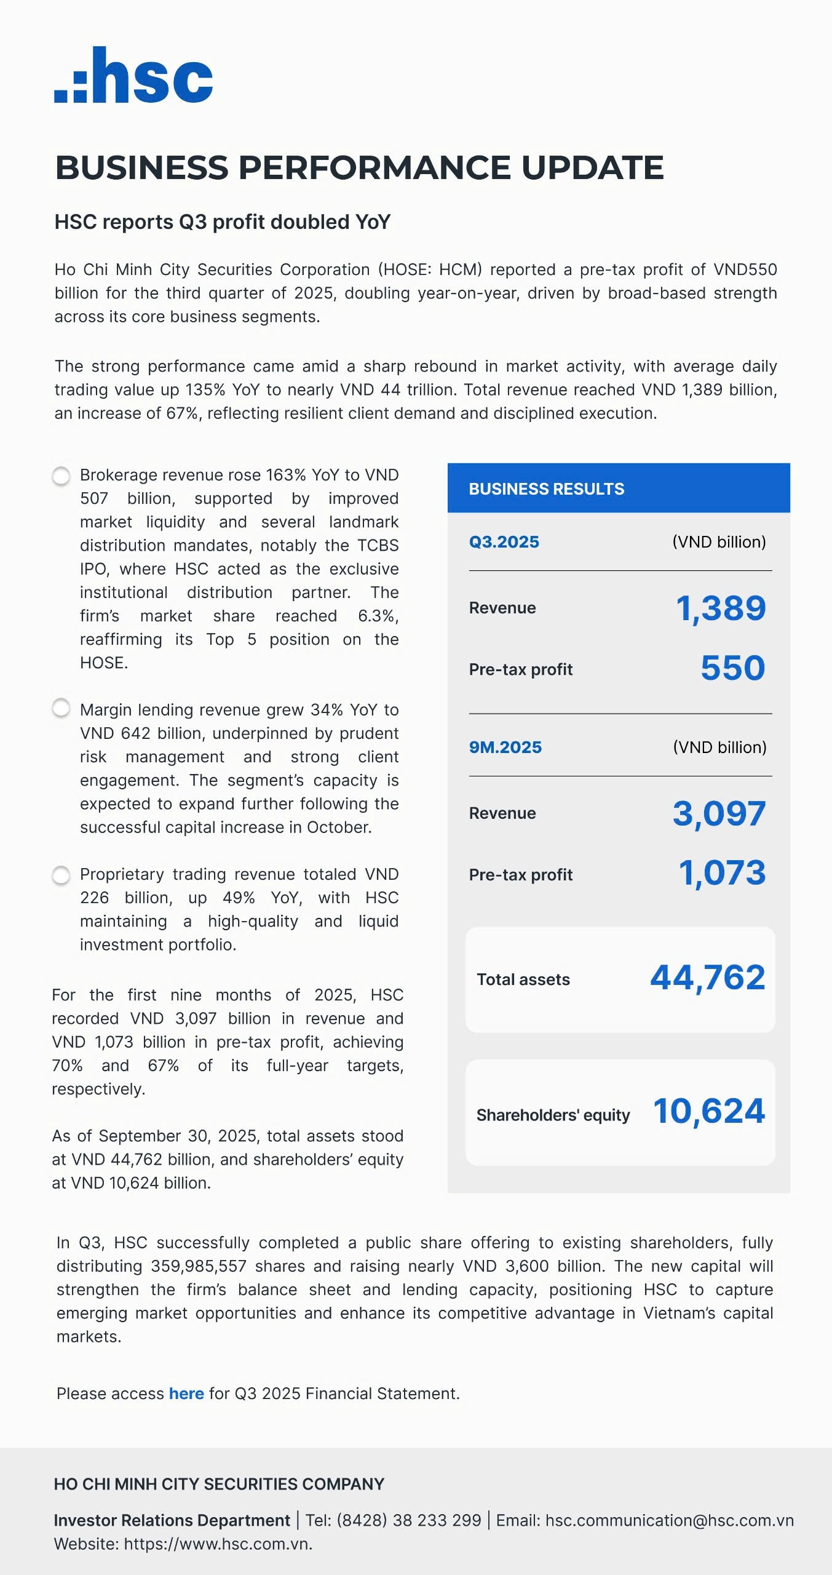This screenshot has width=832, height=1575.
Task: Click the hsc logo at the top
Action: click(133, 75)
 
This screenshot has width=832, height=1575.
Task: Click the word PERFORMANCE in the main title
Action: click(374, 167)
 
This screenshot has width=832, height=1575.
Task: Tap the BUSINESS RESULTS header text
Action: click(546, 489)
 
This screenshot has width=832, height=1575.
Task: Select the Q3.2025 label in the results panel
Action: click(504, 542)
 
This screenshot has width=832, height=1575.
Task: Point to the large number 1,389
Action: click(720, 608)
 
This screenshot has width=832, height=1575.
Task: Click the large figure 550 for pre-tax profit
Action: click(732, 668)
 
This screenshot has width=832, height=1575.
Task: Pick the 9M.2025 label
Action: click(505, 748)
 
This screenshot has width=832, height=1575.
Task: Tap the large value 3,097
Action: click(719, 813)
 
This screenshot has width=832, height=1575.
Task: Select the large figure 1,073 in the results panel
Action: click(722, 873)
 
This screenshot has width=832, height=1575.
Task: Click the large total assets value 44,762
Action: click(707, 978)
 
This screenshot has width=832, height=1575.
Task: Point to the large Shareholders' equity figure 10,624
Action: click(708, 1111)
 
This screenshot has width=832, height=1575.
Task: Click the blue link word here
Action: click(186, 1394)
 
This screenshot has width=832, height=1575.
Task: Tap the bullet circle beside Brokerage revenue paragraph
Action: click(61, 476)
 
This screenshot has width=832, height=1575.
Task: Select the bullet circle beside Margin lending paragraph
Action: click(61, 708)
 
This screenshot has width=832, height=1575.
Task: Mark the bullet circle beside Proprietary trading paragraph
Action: click(61, 875)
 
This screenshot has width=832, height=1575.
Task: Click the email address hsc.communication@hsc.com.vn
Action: click(669, 1520)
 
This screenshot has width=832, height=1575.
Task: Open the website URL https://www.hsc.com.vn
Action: click(218, 1544)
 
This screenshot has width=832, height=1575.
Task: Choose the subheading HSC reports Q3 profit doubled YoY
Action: click(223, 222)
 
